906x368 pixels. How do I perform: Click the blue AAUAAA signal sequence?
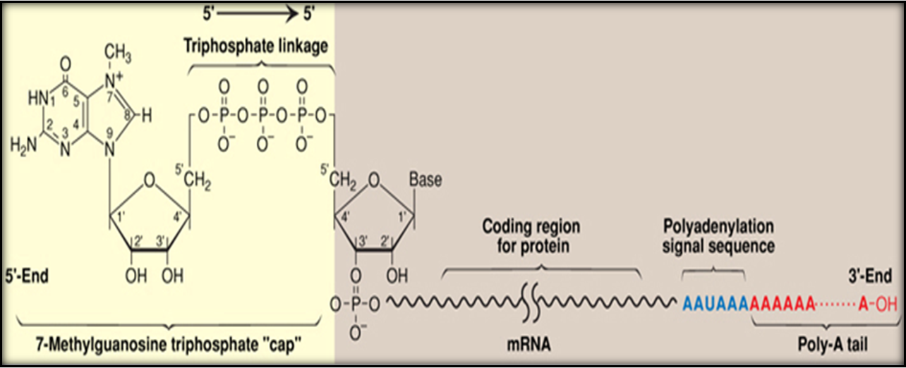(715, 304)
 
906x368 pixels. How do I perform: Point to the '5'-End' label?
(25, 276)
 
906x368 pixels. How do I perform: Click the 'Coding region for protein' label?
(531, 236)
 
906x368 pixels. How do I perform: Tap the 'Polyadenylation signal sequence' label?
(718, 236)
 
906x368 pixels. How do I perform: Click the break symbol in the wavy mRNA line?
(531, 303)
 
